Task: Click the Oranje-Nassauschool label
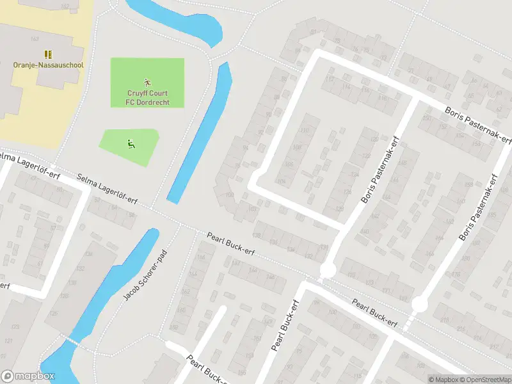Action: point(48,65)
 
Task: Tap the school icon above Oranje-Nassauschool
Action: point(47,54)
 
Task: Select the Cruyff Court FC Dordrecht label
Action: point(147,97)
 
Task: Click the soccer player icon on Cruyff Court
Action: point(147,82)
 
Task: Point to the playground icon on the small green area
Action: point(131,143)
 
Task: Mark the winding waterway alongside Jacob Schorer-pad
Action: point(109,301)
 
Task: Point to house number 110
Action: point(303,131)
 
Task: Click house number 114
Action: point(330,79)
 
